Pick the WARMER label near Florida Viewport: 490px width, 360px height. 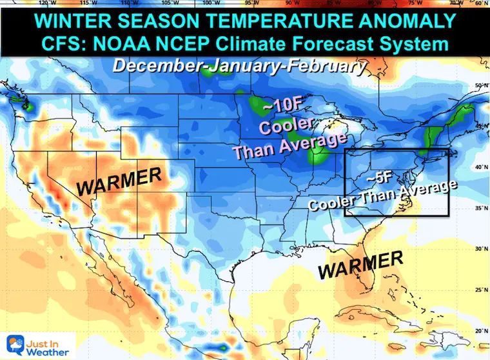click(x=361, y=264)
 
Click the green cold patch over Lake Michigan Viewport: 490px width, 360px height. click(x=317, y=155)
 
